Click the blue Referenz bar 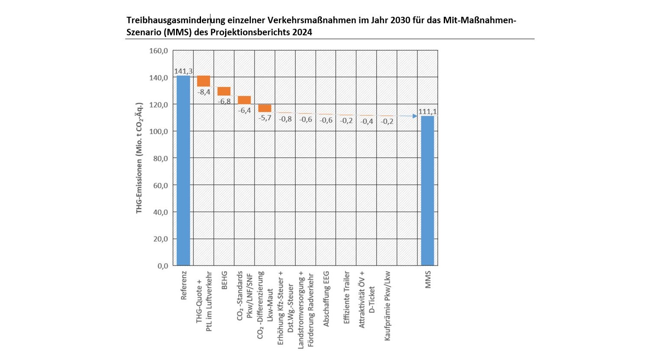[183, 170]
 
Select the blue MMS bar [427, 191]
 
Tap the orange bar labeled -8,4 [204, 81]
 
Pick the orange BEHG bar [224, 91]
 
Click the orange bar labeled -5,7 [265, 108]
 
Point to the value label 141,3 [183, 71]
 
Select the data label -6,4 [244, 110]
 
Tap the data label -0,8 [285, 119]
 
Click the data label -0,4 [367, 121]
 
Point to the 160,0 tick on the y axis [158, 51]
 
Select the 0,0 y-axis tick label [162, 266]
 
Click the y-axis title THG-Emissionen [139, 158]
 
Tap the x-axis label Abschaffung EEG [326, 298]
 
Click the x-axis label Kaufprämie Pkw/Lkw [387, 306]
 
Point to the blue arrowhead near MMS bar [415, 116]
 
